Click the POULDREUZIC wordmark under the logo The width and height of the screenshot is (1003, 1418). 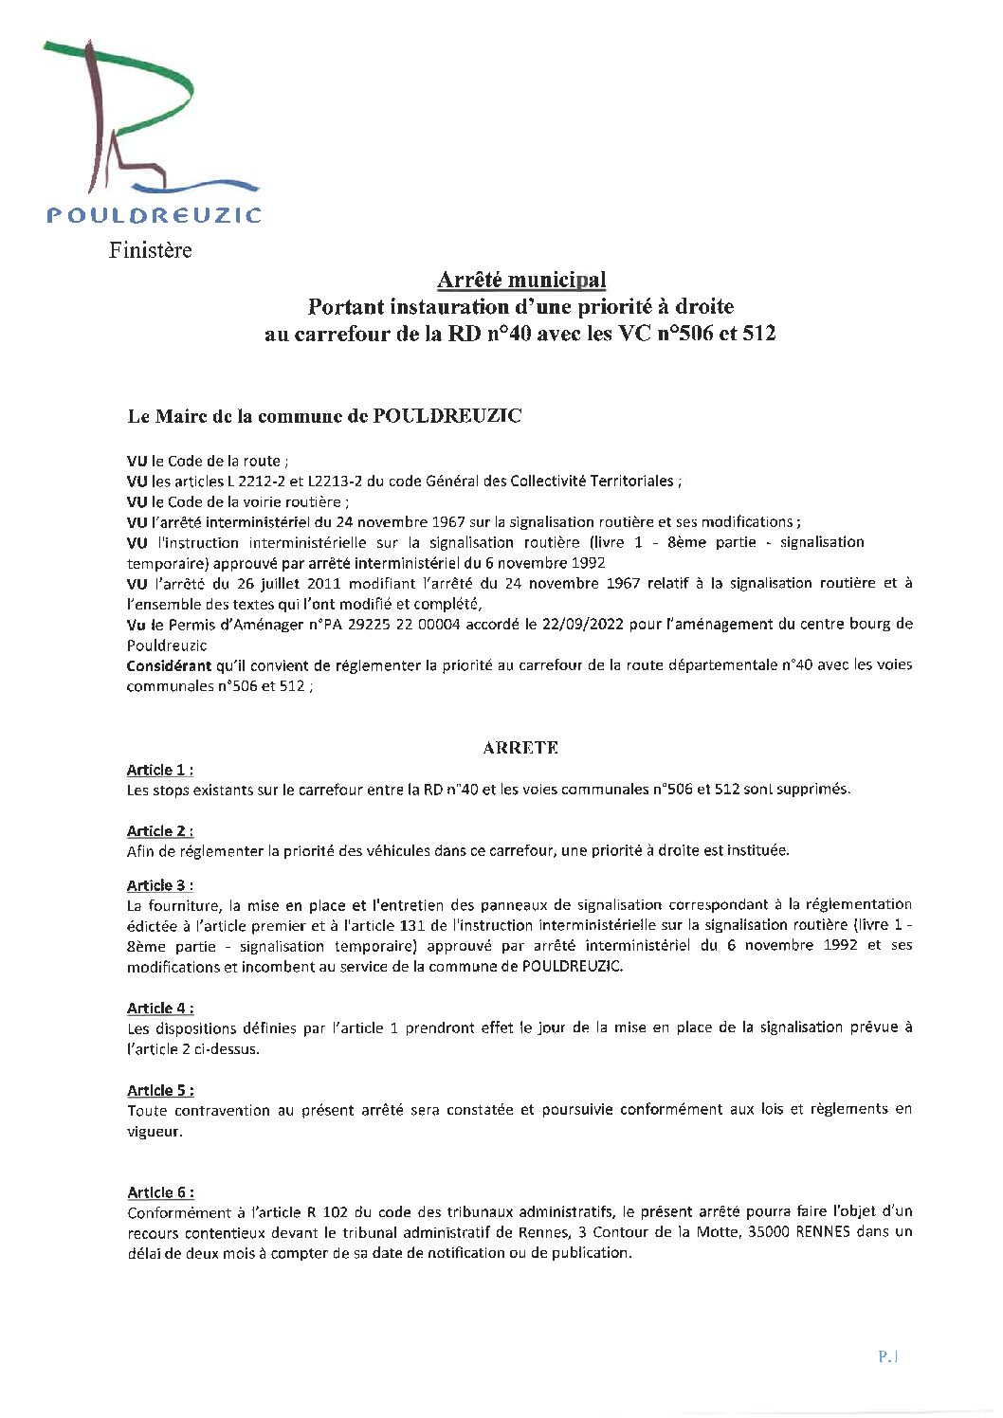(154, 215)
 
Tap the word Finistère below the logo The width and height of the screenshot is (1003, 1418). (150, 250)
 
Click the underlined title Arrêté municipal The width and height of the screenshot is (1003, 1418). (520, 280)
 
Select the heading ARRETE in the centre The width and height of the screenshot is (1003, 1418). (520, 748)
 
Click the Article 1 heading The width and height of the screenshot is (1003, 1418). (159, 770)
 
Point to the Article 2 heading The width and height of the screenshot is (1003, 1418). (159, 831)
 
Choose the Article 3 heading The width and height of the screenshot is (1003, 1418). (159, 885)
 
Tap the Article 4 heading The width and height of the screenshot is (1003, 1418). (159, 1008)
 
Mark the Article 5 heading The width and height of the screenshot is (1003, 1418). (159, 1090)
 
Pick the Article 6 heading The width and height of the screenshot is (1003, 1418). (159, 1192)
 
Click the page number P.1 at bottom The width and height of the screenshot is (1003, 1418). (887, 1356)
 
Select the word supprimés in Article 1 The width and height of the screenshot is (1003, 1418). (813, 790)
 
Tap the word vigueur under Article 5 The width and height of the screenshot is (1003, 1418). (155, 1132)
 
